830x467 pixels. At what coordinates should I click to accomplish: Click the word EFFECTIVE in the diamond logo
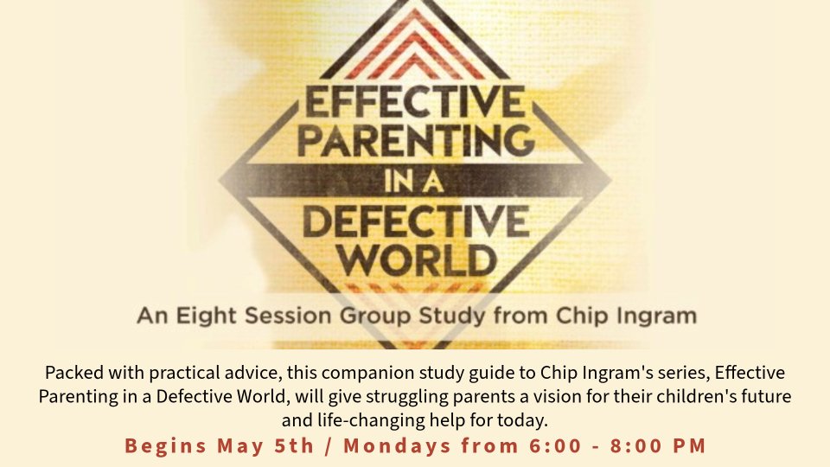pos(414,102)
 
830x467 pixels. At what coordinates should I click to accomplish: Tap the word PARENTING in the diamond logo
pos(416,140)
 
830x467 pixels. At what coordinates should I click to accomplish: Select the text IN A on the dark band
pos(414,182)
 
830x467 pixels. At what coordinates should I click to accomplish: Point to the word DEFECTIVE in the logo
pos(416,221)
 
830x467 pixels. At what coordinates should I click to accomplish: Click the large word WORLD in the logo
pos(417,259)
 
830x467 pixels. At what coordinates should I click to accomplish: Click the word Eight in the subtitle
pos(207,317)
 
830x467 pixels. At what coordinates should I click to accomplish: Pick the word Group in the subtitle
pos(375,317)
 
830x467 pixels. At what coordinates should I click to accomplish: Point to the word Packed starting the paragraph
pos(74,373)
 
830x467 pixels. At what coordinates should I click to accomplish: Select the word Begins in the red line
pos(166,446)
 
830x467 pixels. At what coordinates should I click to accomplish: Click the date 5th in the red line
pos(294,445)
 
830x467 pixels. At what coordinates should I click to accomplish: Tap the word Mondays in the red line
pos(397,446)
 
